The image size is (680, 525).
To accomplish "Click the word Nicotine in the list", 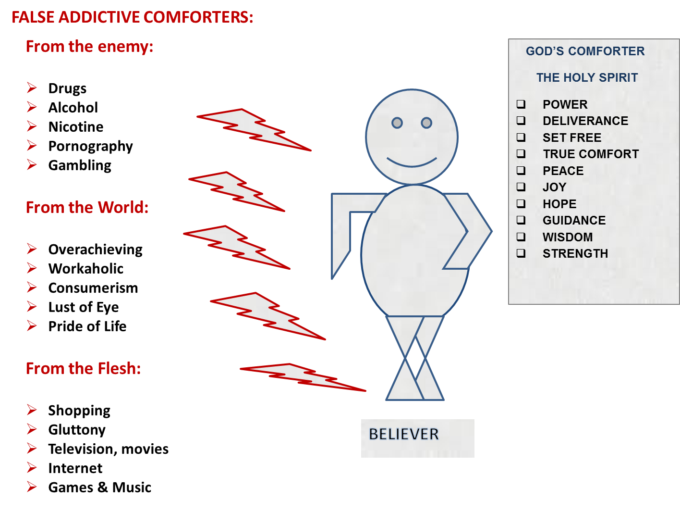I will [x=76, y=127].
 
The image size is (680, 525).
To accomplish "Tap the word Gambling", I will [x=80, y=165].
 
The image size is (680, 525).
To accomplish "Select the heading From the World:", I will [x=87, y=207].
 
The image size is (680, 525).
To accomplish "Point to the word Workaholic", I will [x=86, y=269].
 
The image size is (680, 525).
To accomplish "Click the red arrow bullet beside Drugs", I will [x=32, y=87].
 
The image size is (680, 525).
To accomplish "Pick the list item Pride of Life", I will [x=87, y=326].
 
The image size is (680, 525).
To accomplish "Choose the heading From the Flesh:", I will [x=83, y=368].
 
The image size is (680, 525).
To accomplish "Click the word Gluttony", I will [x=77, y=430].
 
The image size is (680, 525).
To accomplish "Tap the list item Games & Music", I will [x=100, y=487].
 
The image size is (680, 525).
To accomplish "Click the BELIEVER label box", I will [x=417, y=438].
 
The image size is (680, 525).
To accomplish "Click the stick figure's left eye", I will [x=397, y=123].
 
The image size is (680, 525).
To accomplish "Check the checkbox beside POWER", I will [x=521, y=104].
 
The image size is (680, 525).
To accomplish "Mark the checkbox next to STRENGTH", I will [x=521, y=253].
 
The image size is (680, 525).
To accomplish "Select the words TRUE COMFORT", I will [x=591, y=154].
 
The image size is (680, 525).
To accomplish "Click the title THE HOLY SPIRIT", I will [x=587, y=78].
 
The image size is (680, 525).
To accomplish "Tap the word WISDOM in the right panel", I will [x=568, y=237].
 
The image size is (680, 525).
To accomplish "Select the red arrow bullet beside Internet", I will [x=32, y=467].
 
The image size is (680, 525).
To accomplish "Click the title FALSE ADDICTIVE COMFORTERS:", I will [x=132, y=18].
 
